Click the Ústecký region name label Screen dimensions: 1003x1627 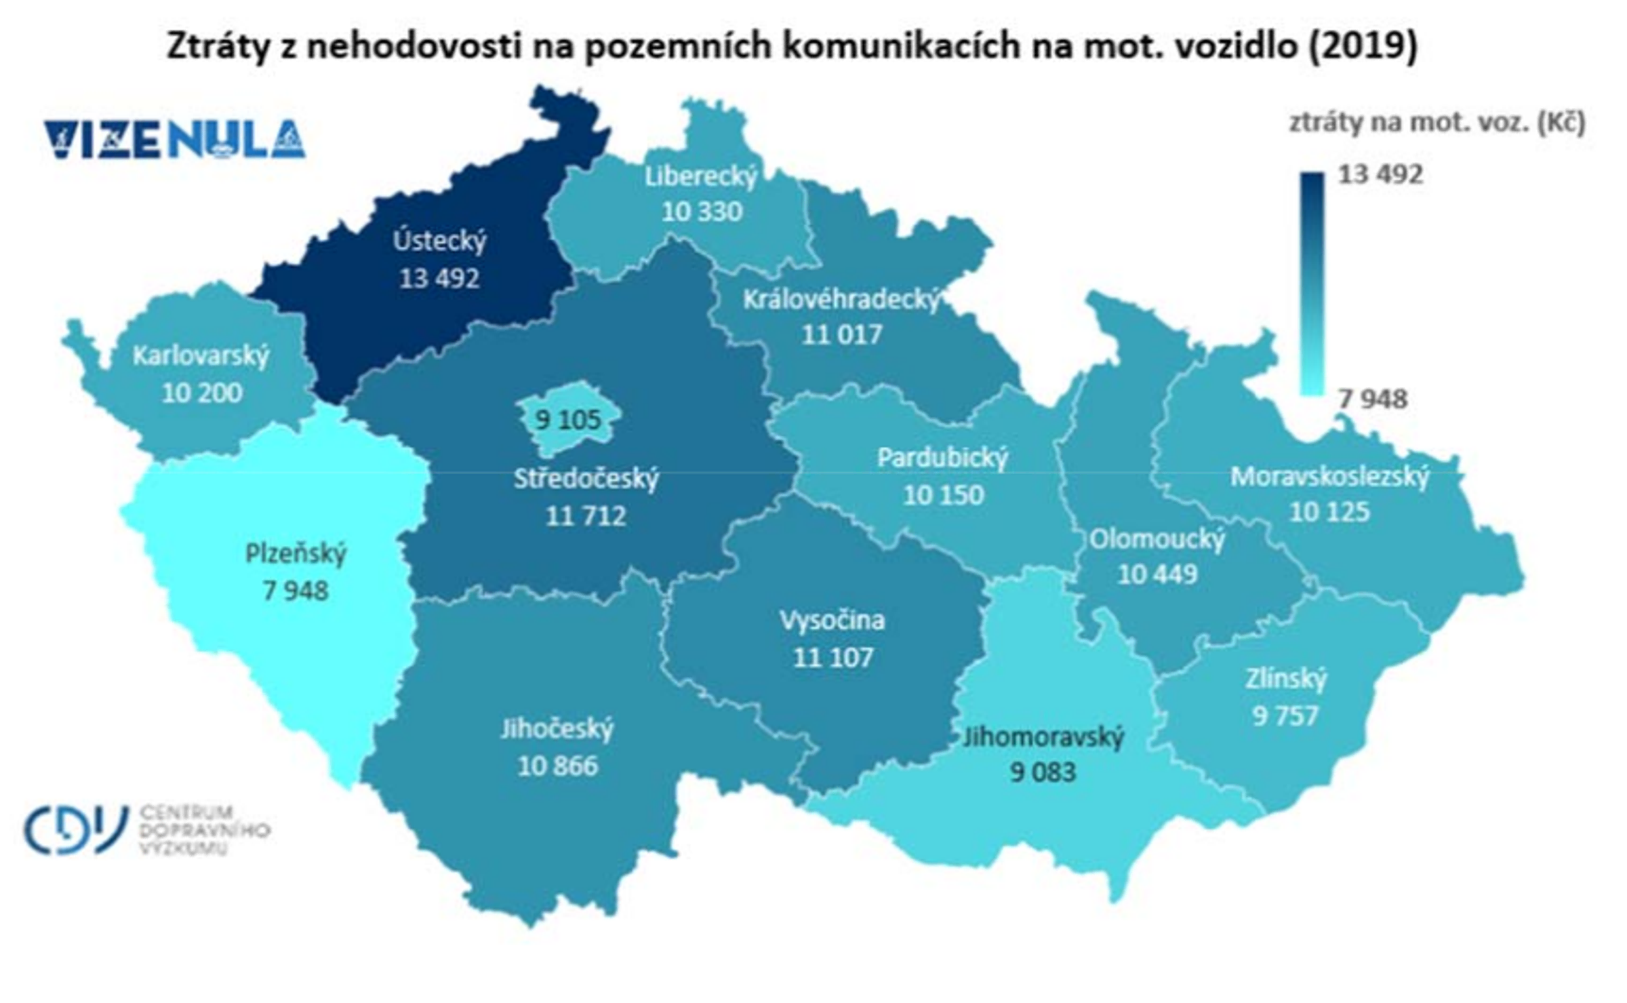coord(439,241)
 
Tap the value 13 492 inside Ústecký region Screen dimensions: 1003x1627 coord(439,278)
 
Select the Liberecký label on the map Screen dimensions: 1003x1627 coord(701,176)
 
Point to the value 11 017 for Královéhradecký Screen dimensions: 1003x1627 coord(842,334)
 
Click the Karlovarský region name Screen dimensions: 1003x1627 coord(201,355)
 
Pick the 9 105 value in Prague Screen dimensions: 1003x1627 coord(568,420)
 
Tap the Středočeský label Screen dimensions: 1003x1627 coord(586,479)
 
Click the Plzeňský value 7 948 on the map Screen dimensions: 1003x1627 coord(296,591)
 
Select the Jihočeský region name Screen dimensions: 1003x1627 coord(557,729)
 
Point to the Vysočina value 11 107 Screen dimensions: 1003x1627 coord(833,657)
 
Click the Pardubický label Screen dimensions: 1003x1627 coord(943,458)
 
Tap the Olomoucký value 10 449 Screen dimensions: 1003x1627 coord(1157,574)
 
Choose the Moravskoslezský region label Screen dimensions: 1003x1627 coord(1330,477)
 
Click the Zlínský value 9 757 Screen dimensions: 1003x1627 coord(1285,715)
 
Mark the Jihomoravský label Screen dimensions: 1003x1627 coord(1043,736)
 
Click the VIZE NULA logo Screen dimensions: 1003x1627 coord(175,140)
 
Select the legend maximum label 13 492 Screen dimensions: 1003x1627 coord(1380,175)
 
